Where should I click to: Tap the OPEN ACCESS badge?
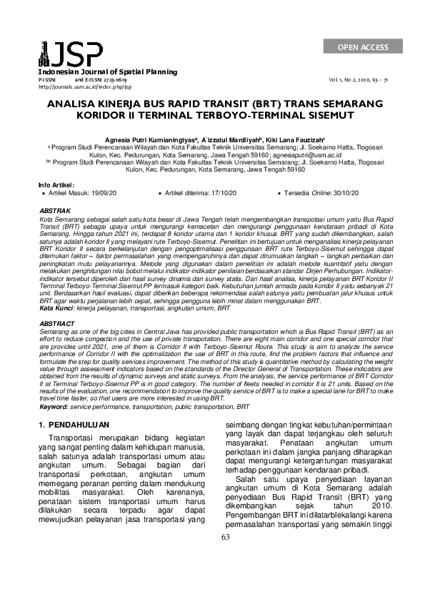click(x=364, y=47)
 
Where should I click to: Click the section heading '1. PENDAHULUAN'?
click(x=74, y=425)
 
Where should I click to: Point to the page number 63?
click(x=226, y=558)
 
